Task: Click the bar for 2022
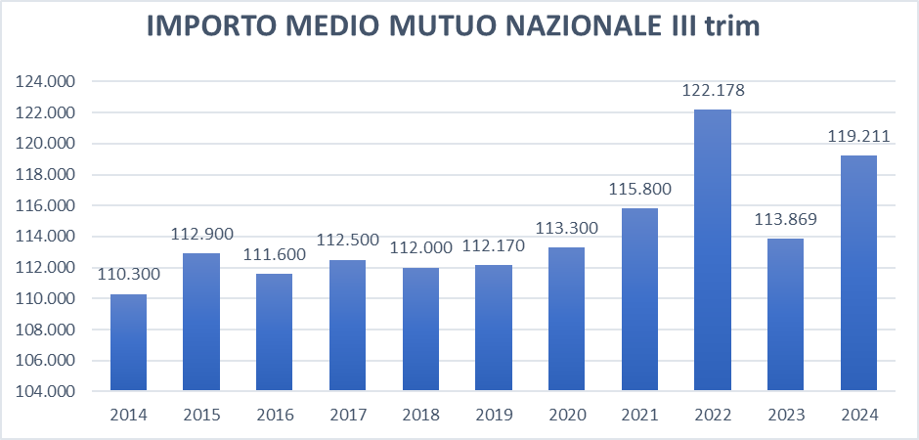point(713,250)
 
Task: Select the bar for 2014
point(128,342)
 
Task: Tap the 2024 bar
point(859,273)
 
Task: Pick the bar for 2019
point(494,328)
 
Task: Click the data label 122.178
point(713,91)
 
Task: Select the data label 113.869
point(786,219)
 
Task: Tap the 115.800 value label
point(639,189)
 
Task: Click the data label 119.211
point(859,137)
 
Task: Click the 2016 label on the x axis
point(275,415)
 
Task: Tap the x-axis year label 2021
point(639,415)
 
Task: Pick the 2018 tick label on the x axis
point(420,415)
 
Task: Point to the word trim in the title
point(732,27)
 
